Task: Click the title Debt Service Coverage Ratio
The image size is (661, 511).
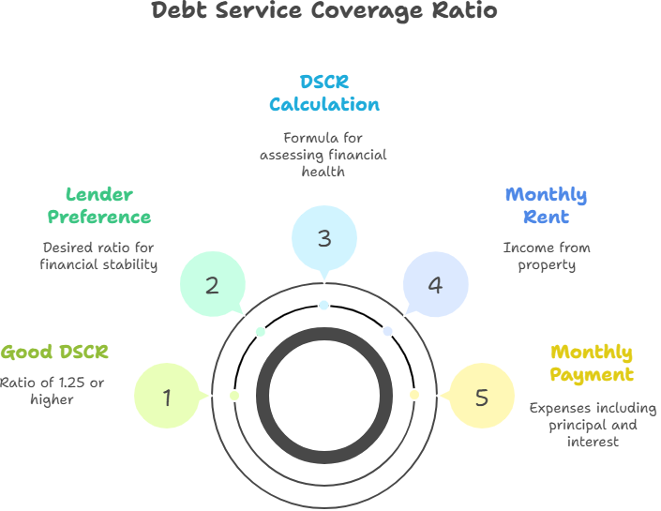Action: coord(323,12)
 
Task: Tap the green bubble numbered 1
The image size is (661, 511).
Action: coord(167,397)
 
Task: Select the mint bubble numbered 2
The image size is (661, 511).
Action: coord(212,284)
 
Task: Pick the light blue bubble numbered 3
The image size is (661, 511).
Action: coord(323,238)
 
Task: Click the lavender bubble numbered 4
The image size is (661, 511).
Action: coord(435,284)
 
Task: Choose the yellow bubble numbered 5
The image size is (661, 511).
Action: coord(481,397)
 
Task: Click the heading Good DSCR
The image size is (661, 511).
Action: coord(54,353)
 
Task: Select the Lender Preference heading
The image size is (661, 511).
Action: coord(98,206)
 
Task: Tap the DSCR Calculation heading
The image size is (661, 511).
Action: coord(323,93)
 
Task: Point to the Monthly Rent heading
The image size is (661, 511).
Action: coord(546,206)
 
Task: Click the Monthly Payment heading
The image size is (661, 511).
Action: coord(591,364)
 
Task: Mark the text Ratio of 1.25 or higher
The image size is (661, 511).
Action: coord(53,391)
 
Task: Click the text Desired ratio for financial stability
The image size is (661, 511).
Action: coord(98,256)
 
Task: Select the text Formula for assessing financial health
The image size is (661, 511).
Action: coord(323,155)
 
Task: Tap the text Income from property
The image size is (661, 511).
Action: coord(547,256)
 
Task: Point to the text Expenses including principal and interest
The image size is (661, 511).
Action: coord(591,425)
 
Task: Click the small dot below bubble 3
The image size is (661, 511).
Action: coord(323,305)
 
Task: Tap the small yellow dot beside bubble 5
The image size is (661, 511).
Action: coord(413,395)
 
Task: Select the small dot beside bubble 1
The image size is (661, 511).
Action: coord(234,395)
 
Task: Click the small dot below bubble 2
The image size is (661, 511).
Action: coord(261,331)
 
